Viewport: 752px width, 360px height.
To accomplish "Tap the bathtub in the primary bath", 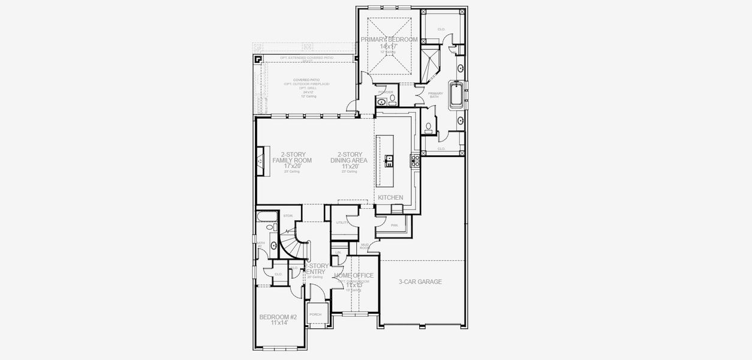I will (458, 94).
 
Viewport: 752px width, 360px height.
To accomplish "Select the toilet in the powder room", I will (393, 98).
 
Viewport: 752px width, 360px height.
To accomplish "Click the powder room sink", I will (382, 102).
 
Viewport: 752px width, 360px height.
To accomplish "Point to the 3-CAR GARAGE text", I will (420, 281).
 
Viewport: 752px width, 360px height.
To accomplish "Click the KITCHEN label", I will (390, 197).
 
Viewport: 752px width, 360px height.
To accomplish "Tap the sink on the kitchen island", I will (389, 160).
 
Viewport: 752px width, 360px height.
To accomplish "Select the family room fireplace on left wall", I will (260, 161).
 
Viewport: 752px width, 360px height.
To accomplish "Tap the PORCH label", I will (315, 314).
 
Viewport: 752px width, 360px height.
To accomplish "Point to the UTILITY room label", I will (342, 223).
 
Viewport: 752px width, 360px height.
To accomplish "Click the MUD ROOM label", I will (364, 246).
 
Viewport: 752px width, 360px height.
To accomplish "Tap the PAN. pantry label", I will (394, 225).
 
